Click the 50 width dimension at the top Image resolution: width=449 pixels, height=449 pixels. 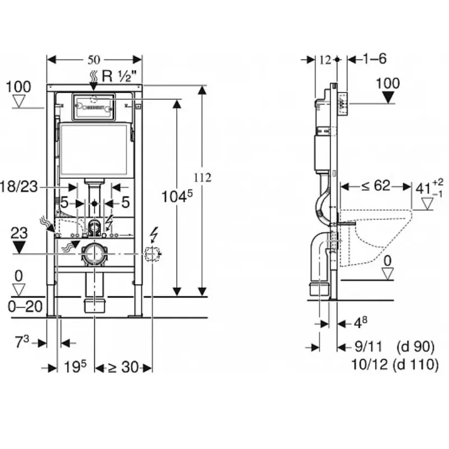coord(94,59)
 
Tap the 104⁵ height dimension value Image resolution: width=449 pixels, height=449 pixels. coord(176,196)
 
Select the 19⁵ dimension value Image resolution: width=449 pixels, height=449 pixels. coord(75,368)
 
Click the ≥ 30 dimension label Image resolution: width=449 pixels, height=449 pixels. coord(123,368)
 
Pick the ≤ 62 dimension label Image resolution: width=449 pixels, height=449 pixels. coord(375,185)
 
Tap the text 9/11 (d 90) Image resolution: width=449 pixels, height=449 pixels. coord(393,347)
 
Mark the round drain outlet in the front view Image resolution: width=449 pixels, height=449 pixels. coord(94,254)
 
